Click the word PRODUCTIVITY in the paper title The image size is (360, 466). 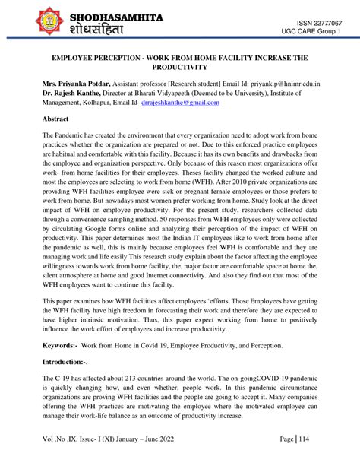[x=179, y=68]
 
